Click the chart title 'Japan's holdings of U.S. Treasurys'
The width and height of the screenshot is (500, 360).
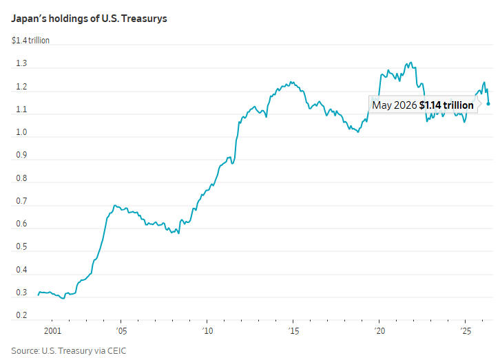(x=89, y=19)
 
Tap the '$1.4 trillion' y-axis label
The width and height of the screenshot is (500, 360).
(x=30, y=41)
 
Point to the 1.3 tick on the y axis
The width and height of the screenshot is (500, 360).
(x=21, y=63)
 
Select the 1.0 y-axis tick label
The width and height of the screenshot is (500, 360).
(x=21, y=132)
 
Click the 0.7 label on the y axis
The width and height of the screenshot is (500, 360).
(x=21, y=201)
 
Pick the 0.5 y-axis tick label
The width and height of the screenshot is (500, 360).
(x=21, y=246)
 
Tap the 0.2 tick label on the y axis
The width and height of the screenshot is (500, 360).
(x=21, y=315)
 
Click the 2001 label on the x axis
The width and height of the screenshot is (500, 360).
(x=52, y=330)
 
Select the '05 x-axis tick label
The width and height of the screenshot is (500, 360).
(x=121, y=331)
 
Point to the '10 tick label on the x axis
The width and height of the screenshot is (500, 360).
(x=207, y=331)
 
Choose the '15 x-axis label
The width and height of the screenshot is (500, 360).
(x=293, y=331)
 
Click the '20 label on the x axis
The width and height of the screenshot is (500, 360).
(x=379, y=331)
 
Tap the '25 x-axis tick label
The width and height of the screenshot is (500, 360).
(x=466, y=331)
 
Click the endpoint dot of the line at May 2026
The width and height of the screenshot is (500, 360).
(x=488, y=103)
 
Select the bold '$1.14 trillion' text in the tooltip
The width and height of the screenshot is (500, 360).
(x=446, y=105)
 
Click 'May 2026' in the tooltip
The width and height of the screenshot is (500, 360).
(x=395, y=105)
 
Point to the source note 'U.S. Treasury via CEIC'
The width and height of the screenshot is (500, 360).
(x=84, y=351)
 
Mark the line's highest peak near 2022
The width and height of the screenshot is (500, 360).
(x=410, y=63)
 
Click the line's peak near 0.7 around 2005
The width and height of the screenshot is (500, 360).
(x=115, y=206)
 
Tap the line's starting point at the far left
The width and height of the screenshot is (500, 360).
(x=39, y=295)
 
